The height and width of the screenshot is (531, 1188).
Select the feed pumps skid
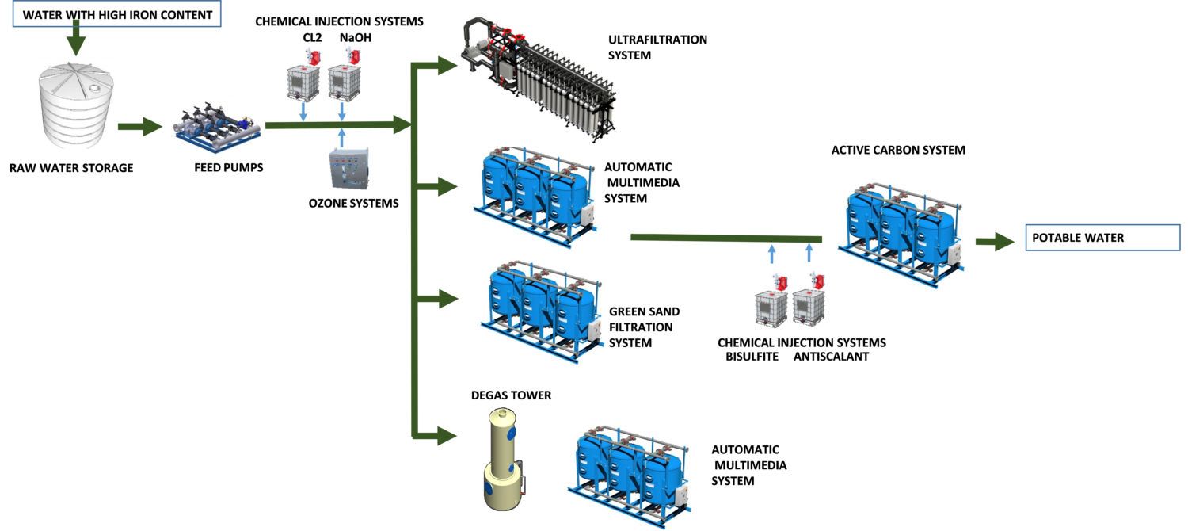point(216,127)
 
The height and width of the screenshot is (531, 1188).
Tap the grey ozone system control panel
point(349,169)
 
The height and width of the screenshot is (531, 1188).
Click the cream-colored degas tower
point(504,460)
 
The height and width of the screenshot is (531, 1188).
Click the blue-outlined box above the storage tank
point(116,14)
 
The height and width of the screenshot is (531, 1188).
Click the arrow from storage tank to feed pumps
point(140,127)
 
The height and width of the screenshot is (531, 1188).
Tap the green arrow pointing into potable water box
point(996,242)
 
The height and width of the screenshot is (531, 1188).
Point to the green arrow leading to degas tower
point(436,434)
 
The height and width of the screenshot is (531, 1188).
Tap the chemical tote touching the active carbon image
point(810,306)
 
